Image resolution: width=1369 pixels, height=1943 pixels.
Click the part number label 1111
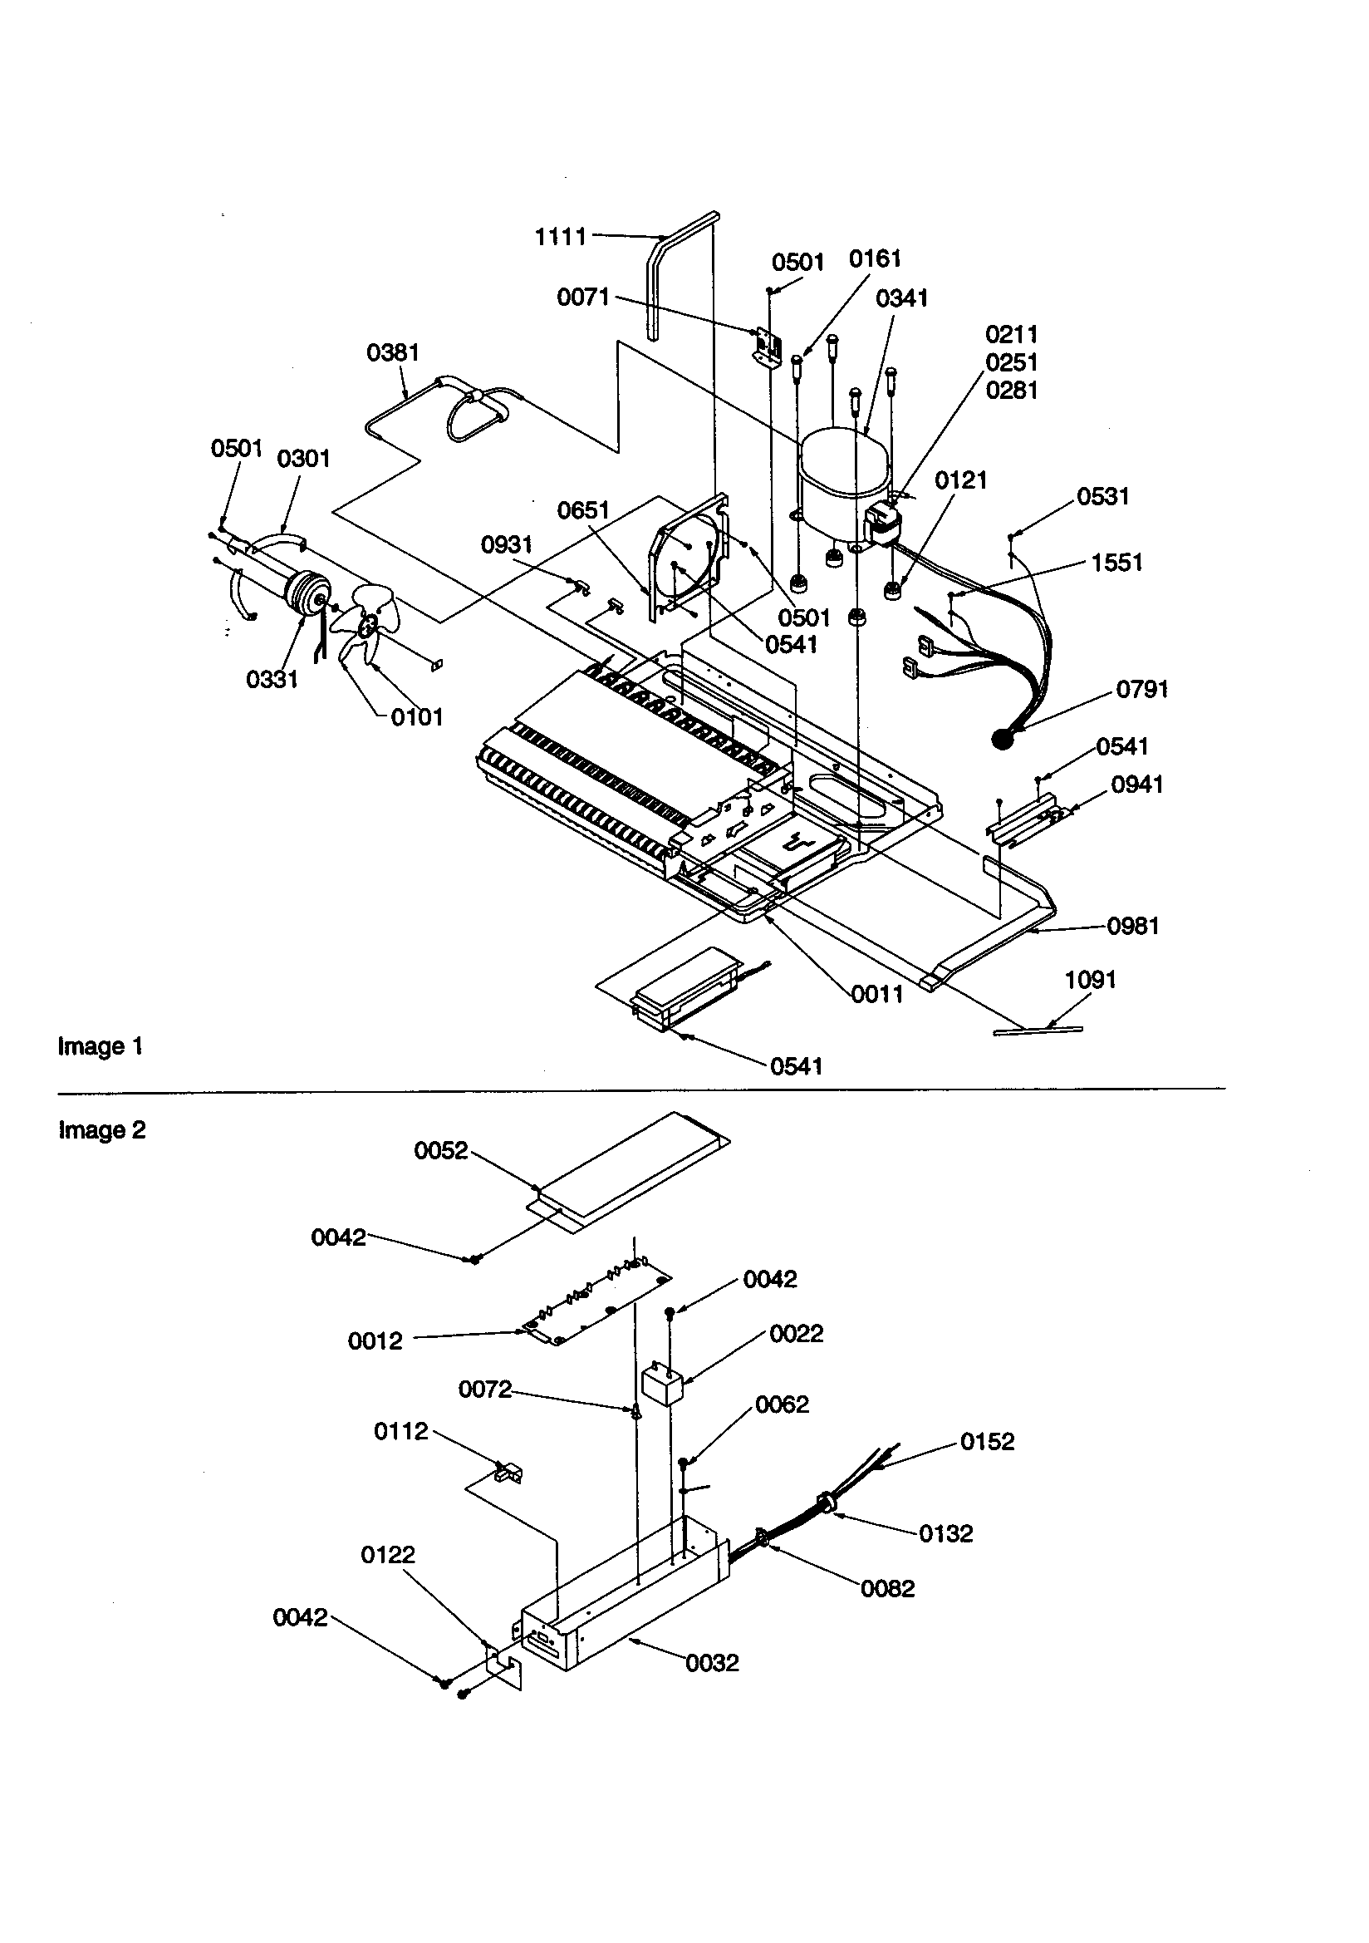(560, 237)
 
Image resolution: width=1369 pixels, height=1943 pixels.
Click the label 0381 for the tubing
(393, 352)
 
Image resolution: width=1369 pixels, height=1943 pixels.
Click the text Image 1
(100, 1047)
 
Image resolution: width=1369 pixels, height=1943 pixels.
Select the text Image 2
(101, 1129)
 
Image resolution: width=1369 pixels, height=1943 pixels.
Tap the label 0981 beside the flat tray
(1133, 926)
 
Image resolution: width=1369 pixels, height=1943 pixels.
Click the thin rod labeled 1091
(1038, 1030)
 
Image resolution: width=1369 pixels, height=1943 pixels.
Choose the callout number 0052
(441, 1150)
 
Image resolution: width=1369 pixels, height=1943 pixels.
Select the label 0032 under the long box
(713, 1663)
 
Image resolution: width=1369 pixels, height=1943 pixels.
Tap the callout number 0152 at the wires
(987, 1441)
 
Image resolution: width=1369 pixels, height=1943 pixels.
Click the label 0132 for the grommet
(945, 1533)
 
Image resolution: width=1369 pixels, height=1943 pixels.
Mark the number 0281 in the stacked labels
(1011, 390)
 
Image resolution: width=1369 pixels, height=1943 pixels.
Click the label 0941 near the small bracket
(1136, 785)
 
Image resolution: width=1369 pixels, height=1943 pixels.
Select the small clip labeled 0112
(508, 1472)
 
